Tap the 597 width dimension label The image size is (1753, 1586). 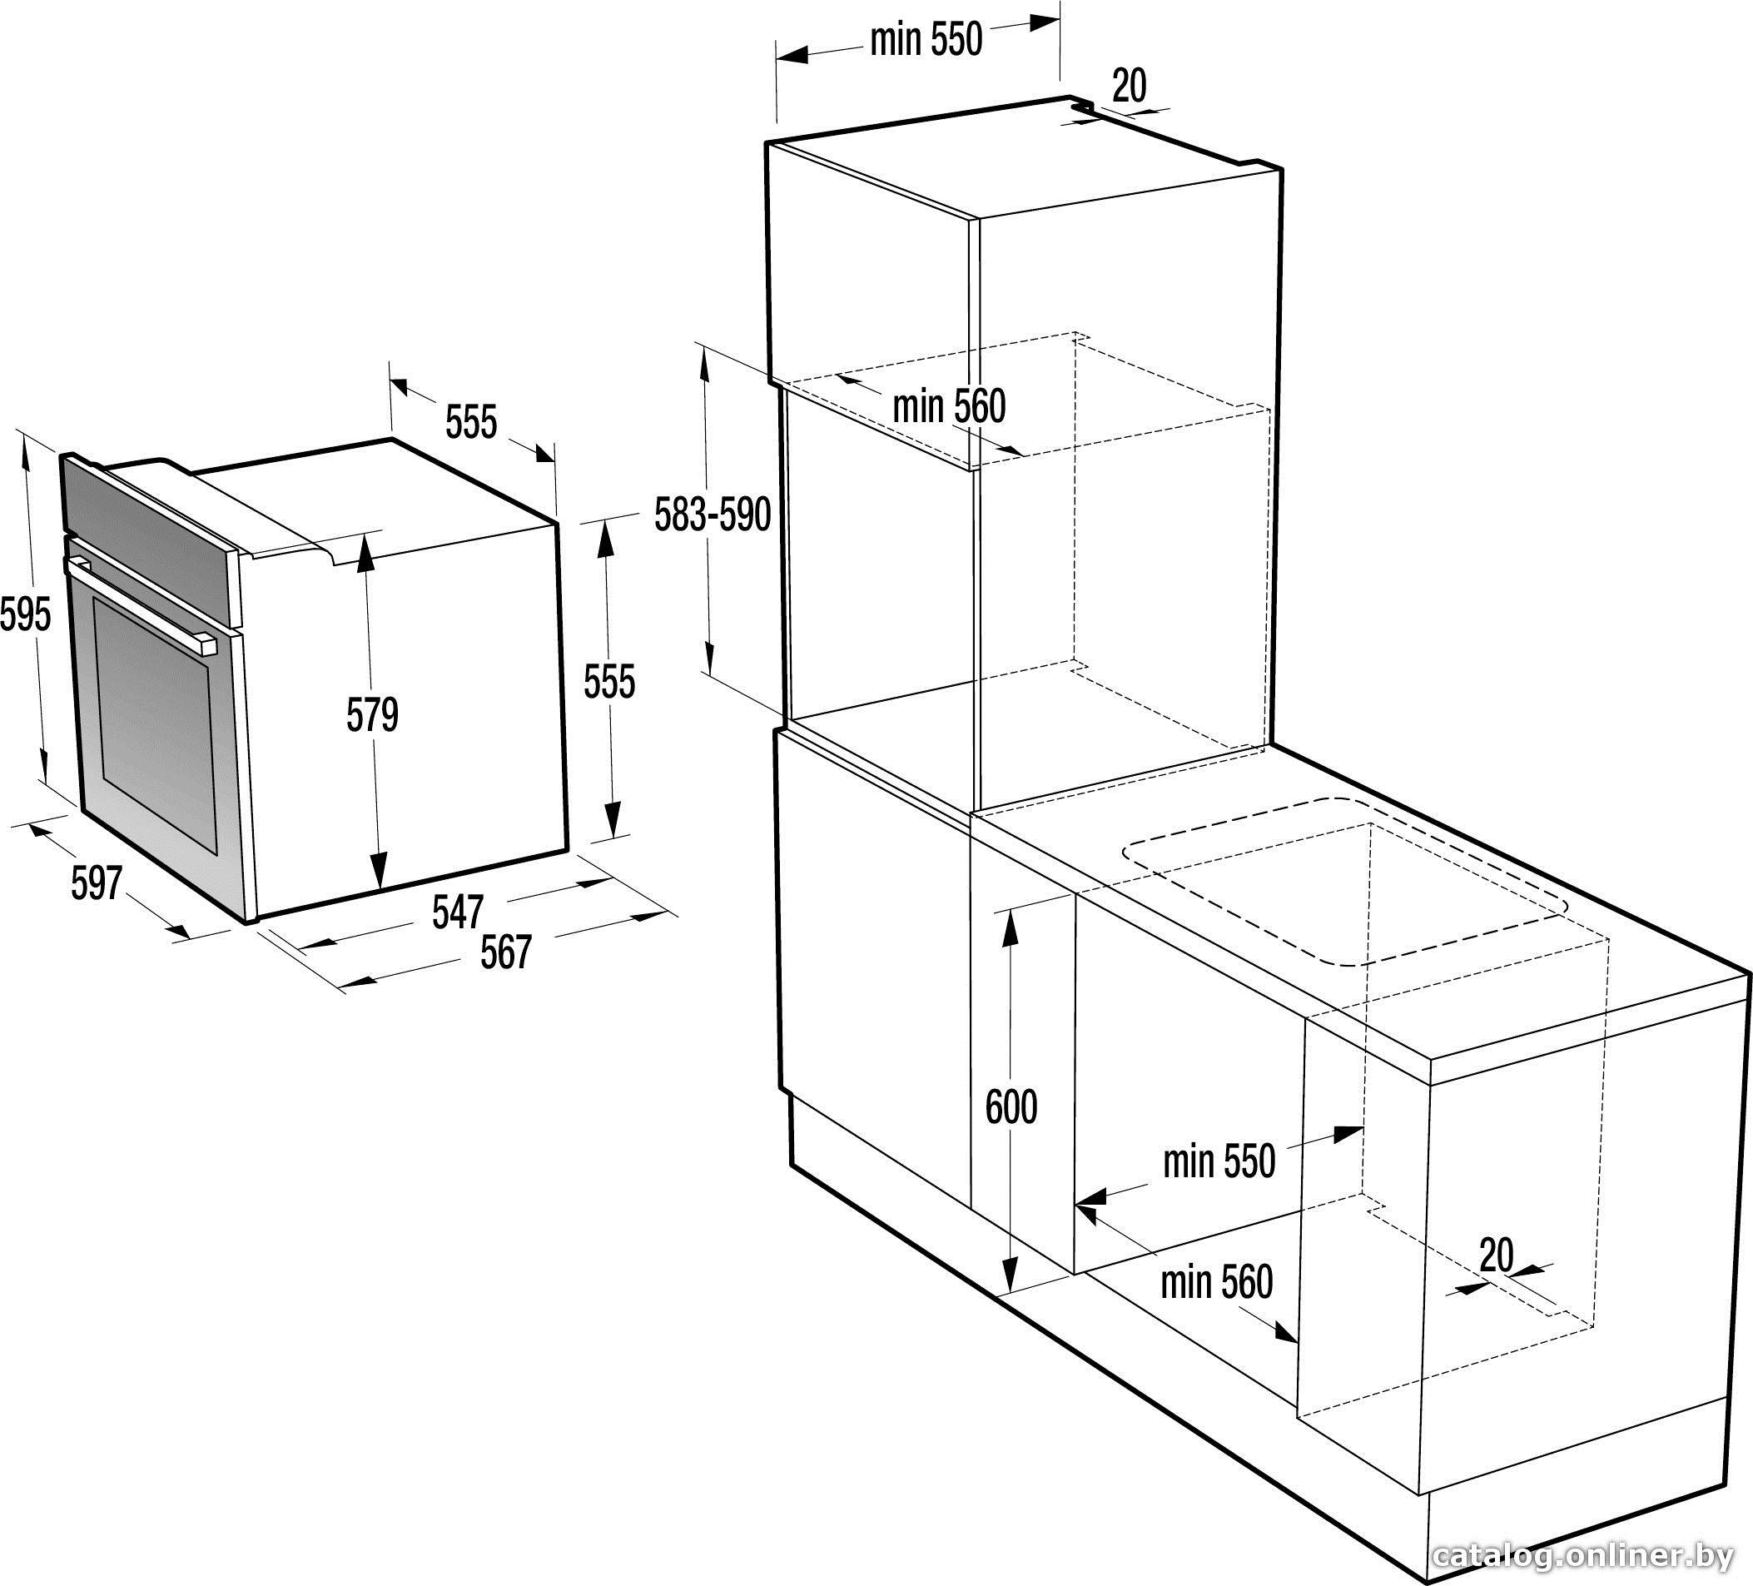(x=97, y=883)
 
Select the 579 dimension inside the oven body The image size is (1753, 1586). (x=372, y=715)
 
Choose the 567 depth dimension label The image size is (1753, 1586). (x=505, y=952)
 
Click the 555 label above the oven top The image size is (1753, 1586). (x=471, y=422)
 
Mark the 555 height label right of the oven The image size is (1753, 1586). (x=609, y=681)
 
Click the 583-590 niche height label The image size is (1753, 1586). (x=713, y=515)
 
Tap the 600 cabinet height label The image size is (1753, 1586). (x=1011, y=1107)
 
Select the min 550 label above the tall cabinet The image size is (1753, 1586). (x=926, y=39)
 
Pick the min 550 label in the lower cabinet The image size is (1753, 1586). (x=1219, y=1161)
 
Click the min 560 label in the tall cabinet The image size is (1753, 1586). (x=950, y=406)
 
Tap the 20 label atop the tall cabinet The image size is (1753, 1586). (x=1130, y=85)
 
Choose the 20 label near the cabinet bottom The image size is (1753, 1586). (x=1497, y=1255)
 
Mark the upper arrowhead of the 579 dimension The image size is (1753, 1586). (x=366, y=549)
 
